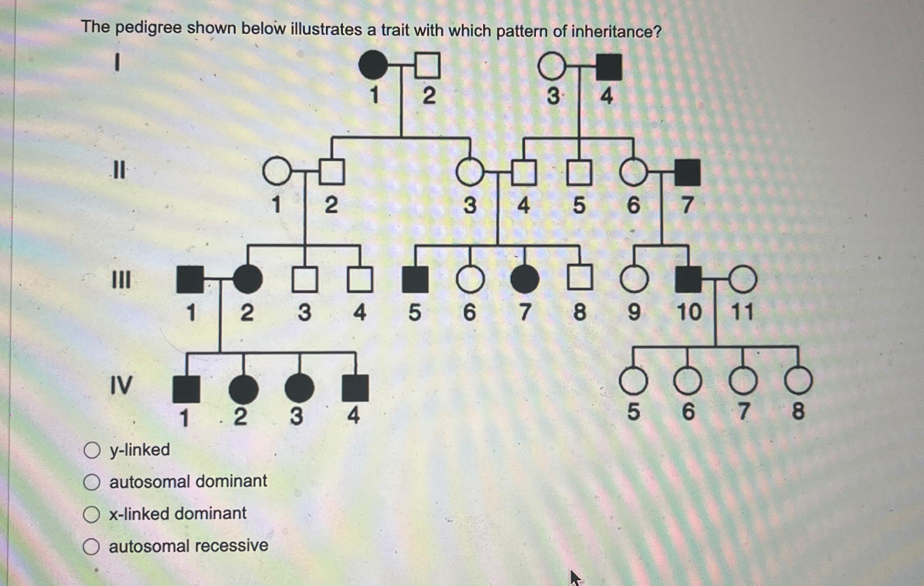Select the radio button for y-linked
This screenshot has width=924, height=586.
(92, 450)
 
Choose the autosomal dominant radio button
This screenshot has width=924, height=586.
(92, 482)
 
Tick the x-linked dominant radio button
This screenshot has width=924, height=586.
(92, 514)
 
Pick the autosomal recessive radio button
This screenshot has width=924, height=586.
(91, 546)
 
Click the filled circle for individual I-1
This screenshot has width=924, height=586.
(373, 65)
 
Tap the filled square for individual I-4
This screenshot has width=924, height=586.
(609, 67)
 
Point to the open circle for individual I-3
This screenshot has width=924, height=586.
(552, 66)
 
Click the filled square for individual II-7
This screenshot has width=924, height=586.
(688, 172)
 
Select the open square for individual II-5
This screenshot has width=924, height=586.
(579, 173)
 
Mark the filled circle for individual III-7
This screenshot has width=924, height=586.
(524, 279)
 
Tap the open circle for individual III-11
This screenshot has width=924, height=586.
(743, 279)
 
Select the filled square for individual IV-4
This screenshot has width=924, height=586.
(355, 388)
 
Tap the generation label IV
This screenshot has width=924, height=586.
(121, 386)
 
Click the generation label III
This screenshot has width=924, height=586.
(121, 280)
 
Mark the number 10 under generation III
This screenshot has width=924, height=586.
(689, 312)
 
